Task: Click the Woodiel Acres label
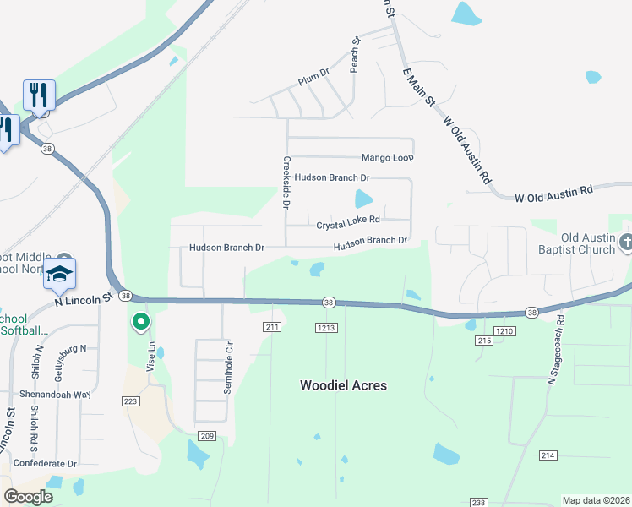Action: pos(343,385)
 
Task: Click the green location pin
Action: pos(140,322)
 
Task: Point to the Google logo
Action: pos(28,497)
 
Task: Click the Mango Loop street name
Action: pos(387,158)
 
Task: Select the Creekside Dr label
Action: pos(286,183)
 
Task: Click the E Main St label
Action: pos(418,87)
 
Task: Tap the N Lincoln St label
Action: pos(84,299)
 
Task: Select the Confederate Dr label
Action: pos(48,464)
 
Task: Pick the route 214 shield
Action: pos(548,455)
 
